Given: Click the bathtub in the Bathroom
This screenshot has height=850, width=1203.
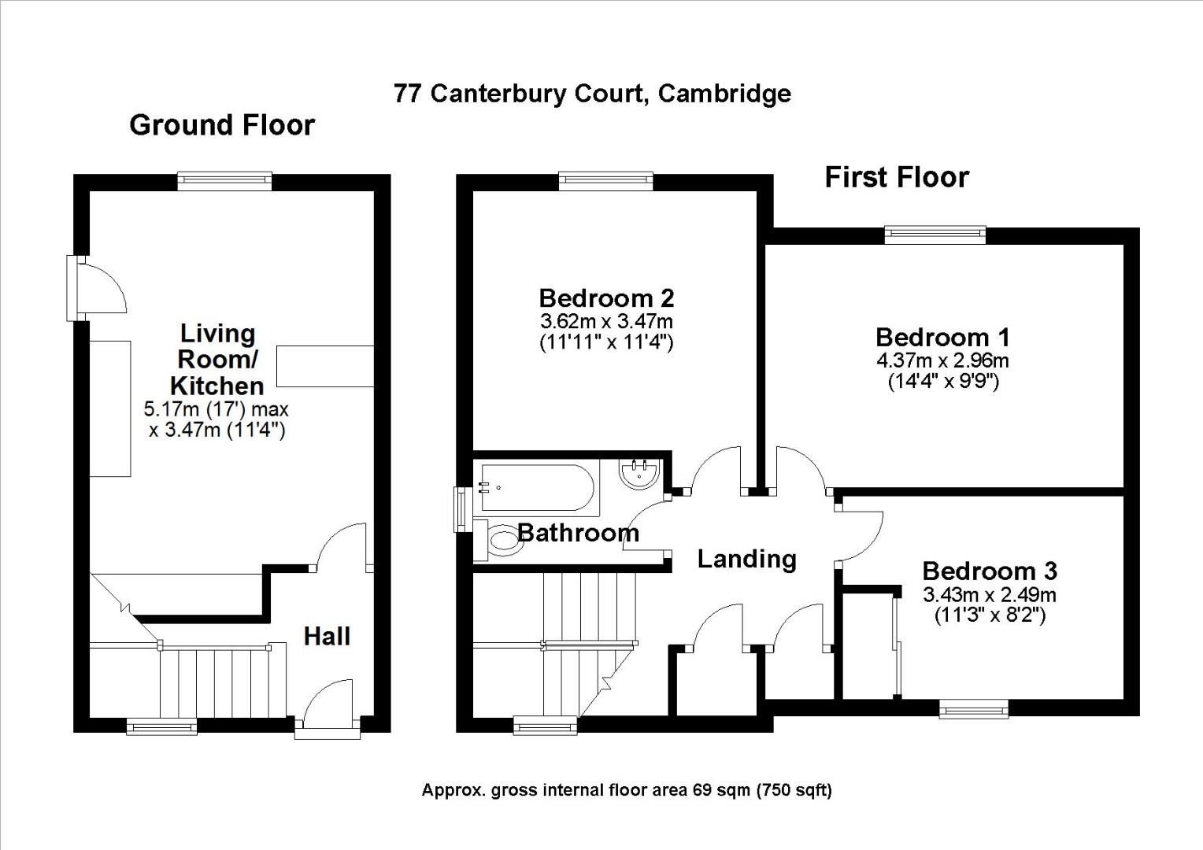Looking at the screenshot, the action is point(537,487).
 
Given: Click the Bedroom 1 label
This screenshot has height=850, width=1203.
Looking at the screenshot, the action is point(942,338).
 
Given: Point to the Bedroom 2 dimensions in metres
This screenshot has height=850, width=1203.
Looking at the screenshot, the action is point(606,322).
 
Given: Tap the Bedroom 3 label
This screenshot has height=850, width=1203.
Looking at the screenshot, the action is point(990,571).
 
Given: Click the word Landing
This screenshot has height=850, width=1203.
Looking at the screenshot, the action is point(746,559).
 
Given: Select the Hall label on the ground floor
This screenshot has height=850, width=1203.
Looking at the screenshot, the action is point(327,636).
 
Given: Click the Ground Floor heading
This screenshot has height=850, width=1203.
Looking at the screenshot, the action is point(222,125).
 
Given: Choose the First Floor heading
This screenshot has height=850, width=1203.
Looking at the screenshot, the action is point(897,177).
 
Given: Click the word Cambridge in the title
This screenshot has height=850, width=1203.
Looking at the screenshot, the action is point(724,94).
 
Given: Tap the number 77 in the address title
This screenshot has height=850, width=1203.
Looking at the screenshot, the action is point(406,94).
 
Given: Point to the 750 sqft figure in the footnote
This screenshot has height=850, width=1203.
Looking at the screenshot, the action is point(794,790).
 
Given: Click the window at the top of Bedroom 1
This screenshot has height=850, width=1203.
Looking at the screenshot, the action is point(935,235).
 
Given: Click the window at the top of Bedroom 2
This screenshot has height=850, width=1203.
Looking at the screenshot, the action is point(605,181).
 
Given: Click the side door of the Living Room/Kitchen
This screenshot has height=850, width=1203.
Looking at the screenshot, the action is point(97,288).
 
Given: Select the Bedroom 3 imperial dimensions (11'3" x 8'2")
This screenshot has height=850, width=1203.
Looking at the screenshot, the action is point(990,615).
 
